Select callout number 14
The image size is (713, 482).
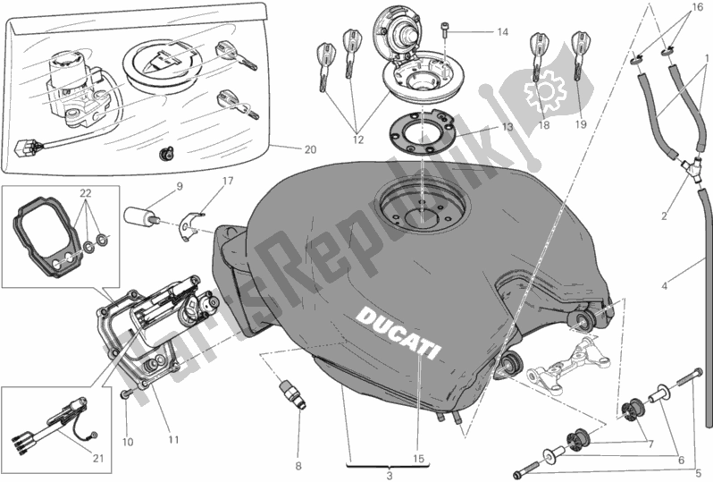502,32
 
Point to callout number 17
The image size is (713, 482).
229,182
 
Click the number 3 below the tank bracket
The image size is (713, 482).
388,476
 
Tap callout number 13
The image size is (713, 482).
507,128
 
